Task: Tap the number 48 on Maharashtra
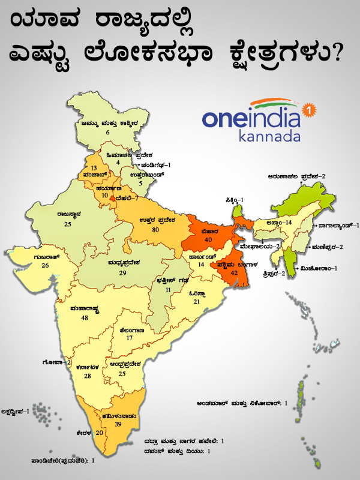[83, 318]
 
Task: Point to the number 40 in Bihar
[209, 239]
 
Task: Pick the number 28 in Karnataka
[87, 376]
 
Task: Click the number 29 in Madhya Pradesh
[122, 273]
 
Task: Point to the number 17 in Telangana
[129, 338]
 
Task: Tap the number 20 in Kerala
[100, 433]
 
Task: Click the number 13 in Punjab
[94, 167]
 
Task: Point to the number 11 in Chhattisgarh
[168, 289]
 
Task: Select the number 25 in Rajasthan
[68, 224]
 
